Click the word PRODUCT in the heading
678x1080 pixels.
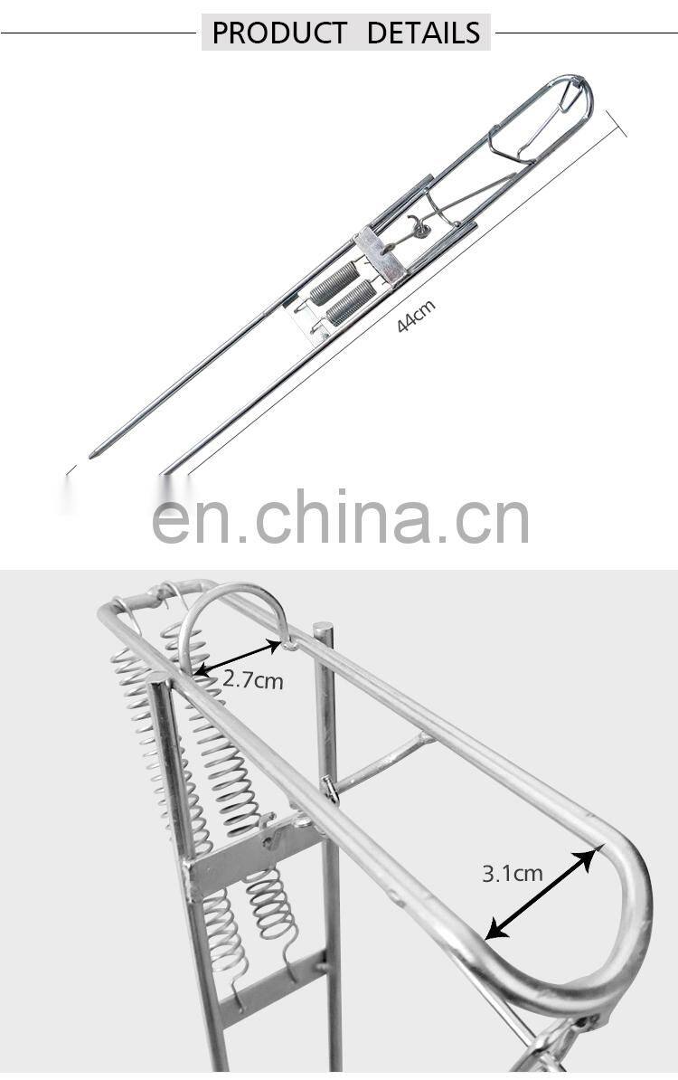[278, 33]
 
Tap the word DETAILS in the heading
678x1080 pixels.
[423, 33]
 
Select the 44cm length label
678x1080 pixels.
[416, 316]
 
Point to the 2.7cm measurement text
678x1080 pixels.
[253, 678]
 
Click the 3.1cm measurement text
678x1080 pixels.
[512, 873]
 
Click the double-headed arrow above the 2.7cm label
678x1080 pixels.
[238, 658]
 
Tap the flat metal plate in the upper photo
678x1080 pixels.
[379, 254]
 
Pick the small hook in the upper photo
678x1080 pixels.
[415, 223]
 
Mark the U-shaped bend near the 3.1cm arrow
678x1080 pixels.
[624, 923]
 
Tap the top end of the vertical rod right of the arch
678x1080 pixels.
[323, 628]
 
